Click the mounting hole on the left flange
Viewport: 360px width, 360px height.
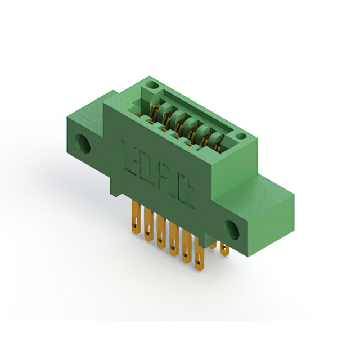pos(83,144)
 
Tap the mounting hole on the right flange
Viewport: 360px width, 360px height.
pos(232,230)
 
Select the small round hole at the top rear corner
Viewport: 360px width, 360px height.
pos(152,85)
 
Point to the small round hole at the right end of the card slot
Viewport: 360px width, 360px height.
pos(241,136)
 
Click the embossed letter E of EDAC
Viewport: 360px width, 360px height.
pos(130,159)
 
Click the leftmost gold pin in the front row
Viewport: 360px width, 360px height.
pos(136,217)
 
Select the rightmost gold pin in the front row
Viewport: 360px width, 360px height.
pos(199,254)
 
